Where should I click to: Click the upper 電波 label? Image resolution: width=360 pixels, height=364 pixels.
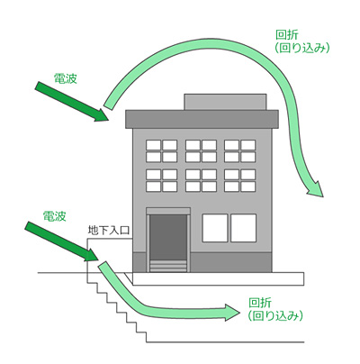(x=66, y=78)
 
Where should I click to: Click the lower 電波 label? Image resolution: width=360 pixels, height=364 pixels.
(x=54, y=216)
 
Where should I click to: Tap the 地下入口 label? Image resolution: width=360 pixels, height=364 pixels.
(x=109, y=230)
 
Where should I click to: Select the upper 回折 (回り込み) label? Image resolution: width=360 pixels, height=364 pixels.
(x=302, y=41)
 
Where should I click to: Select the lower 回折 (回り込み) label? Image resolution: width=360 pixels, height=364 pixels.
(x=275, y=309)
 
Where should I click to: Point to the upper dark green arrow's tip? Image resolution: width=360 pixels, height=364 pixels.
(x=108, y=121)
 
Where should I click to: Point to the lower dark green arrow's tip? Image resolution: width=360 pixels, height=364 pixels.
(x=98, y=260)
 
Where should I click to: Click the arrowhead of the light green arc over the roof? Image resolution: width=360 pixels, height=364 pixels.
(x=315, y=189)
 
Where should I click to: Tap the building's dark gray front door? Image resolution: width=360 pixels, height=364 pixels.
(x=168, y=237)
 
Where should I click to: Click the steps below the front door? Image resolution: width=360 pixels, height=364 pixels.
(x=168, y=266)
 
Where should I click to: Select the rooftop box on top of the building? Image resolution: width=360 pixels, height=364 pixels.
(x=225, y=102)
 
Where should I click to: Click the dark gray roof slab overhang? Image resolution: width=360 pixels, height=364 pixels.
(x=202, y=119)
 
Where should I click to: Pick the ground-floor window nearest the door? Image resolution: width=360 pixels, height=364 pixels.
(x=215, y=228)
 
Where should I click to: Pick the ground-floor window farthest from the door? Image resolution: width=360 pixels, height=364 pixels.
(x=243, y=228)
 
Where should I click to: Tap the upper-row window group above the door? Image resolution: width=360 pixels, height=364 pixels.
(x=161, y=150)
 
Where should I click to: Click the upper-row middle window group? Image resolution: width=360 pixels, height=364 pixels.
(x=201, y=150)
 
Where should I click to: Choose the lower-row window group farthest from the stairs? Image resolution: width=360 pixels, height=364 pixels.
(x=240, y=180)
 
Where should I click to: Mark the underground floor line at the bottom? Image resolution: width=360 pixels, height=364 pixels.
(x=225, y=342)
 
